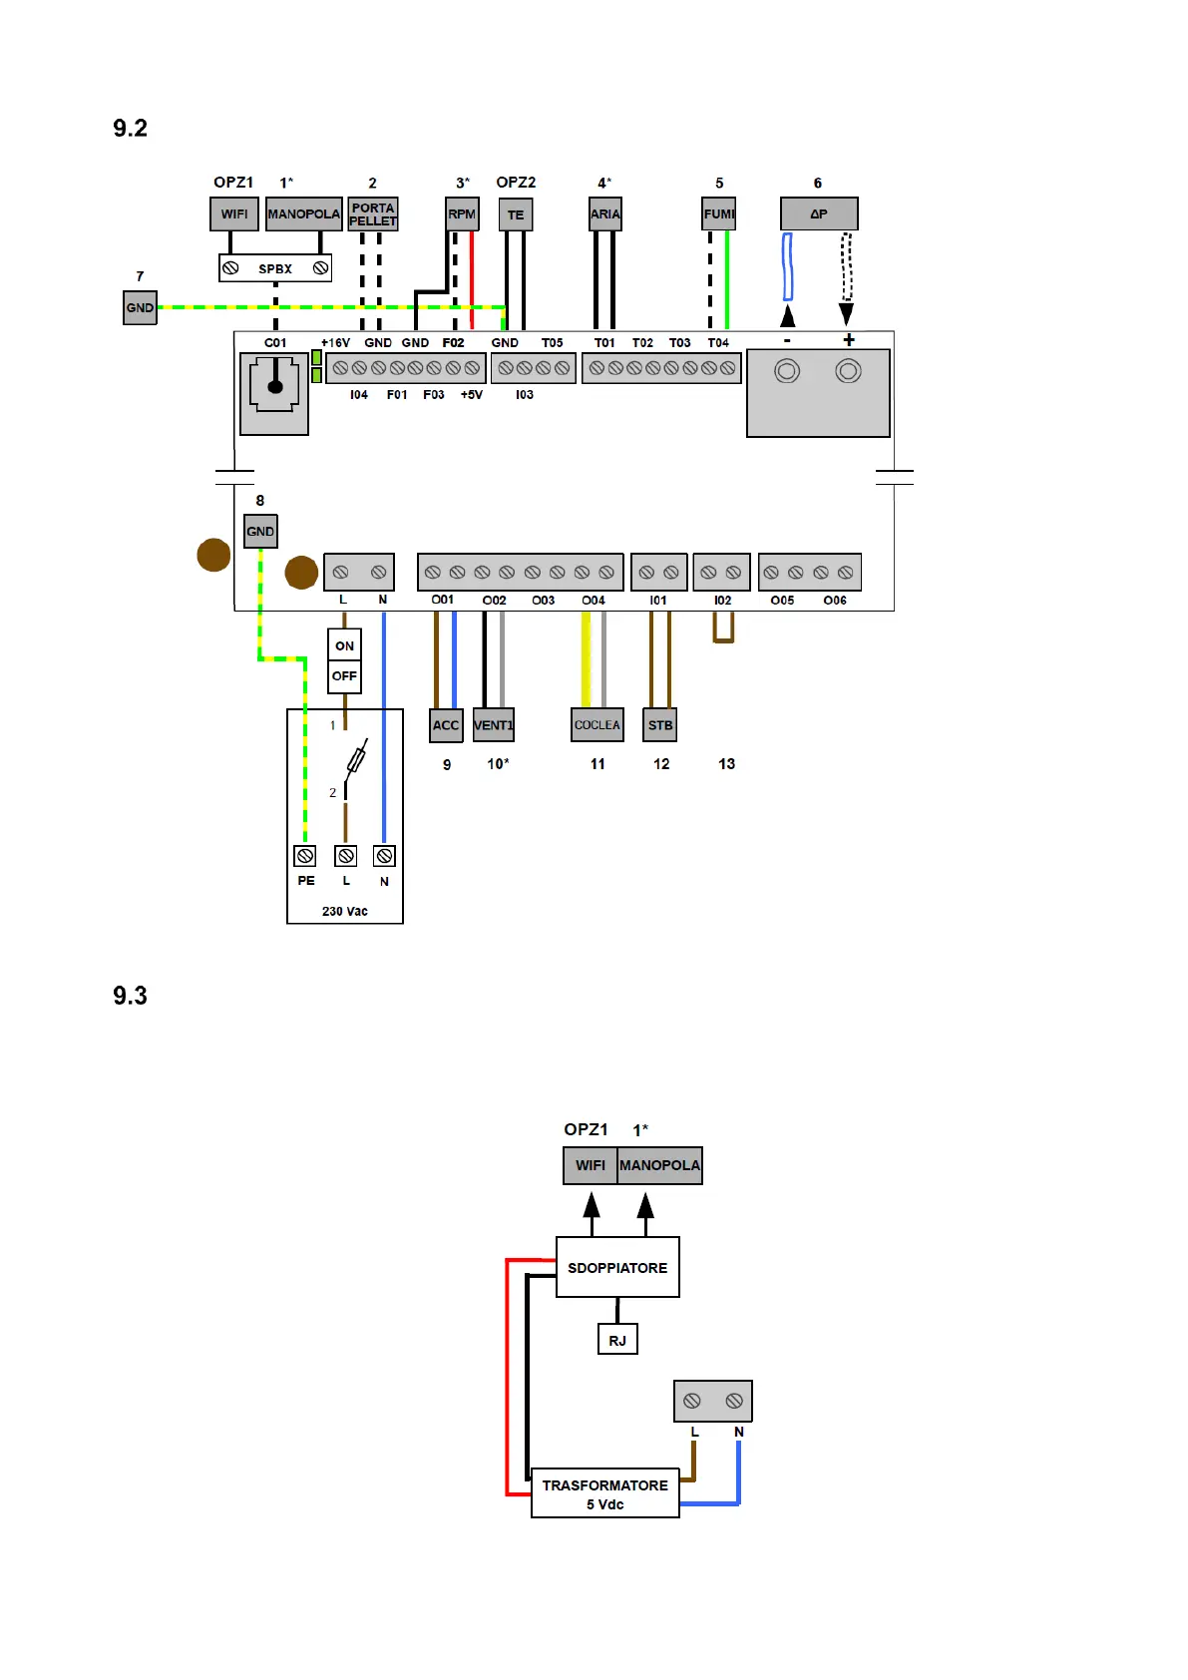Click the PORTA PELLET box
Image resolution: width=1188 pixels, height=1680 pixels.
coord(373,214)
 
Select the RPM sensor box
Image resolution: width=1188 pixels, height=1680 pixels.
coord(461,214)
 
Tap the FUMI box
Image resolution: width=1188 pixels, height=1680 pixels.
coord(718,214)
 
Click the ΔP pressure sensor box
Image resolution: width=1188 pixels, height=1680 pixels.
coord(819,213)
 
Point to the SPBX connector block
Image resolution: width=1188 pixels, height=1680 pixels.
coord(275,267)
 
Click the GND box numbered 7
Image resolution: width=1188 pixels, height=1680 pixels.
coord(141,307)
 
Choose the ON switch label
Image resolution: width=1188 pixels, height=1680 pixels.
coord(344,645)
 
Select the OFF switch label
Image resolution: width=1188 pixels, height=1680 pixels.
coord(344,676)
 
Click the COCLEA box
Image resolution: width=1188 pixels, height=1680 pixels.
coord(597,725)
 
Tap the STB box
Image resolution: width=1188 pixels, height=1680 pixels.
coord(660,725)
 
